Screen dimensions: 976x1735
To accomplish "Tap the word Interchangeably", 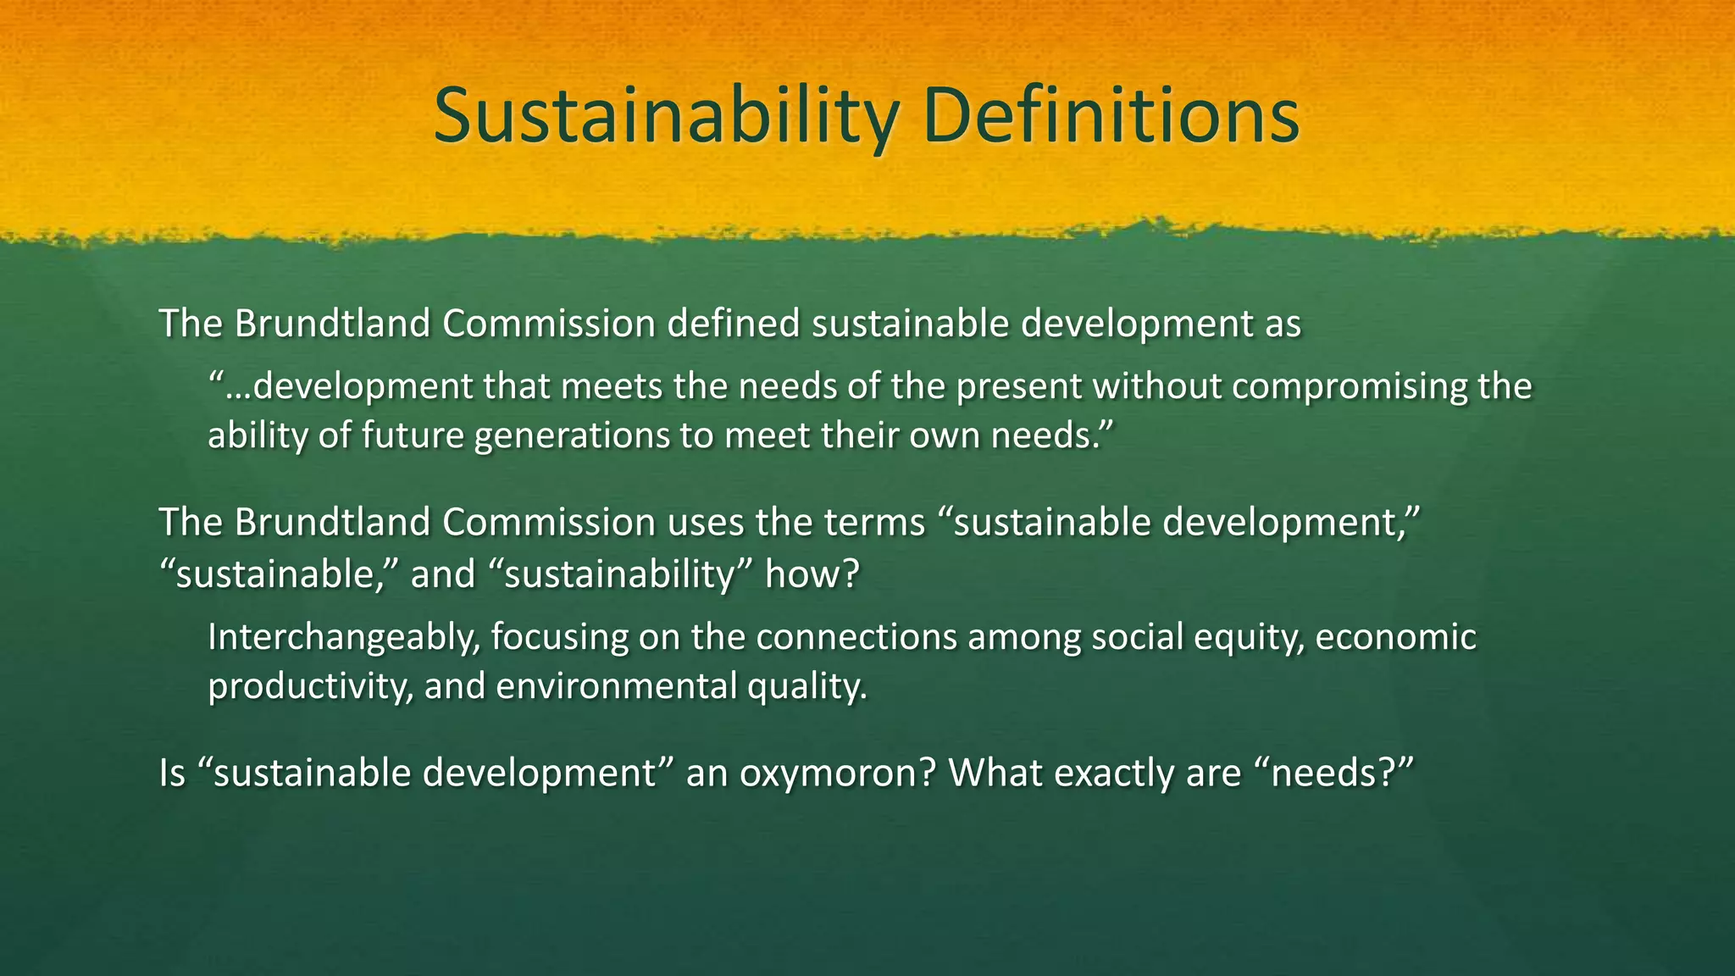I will pyautogui.click(x=344, y=637).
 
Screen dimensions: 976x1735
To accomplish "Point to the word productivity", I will pyautogui.click(x=310, y=686).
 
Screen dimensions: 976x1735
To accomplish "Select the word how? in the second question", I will pyautogui.click(x=812, y=574).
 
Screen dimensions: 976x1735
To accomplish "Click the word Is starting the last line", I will pyautogui.click(x=172, y=773).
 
